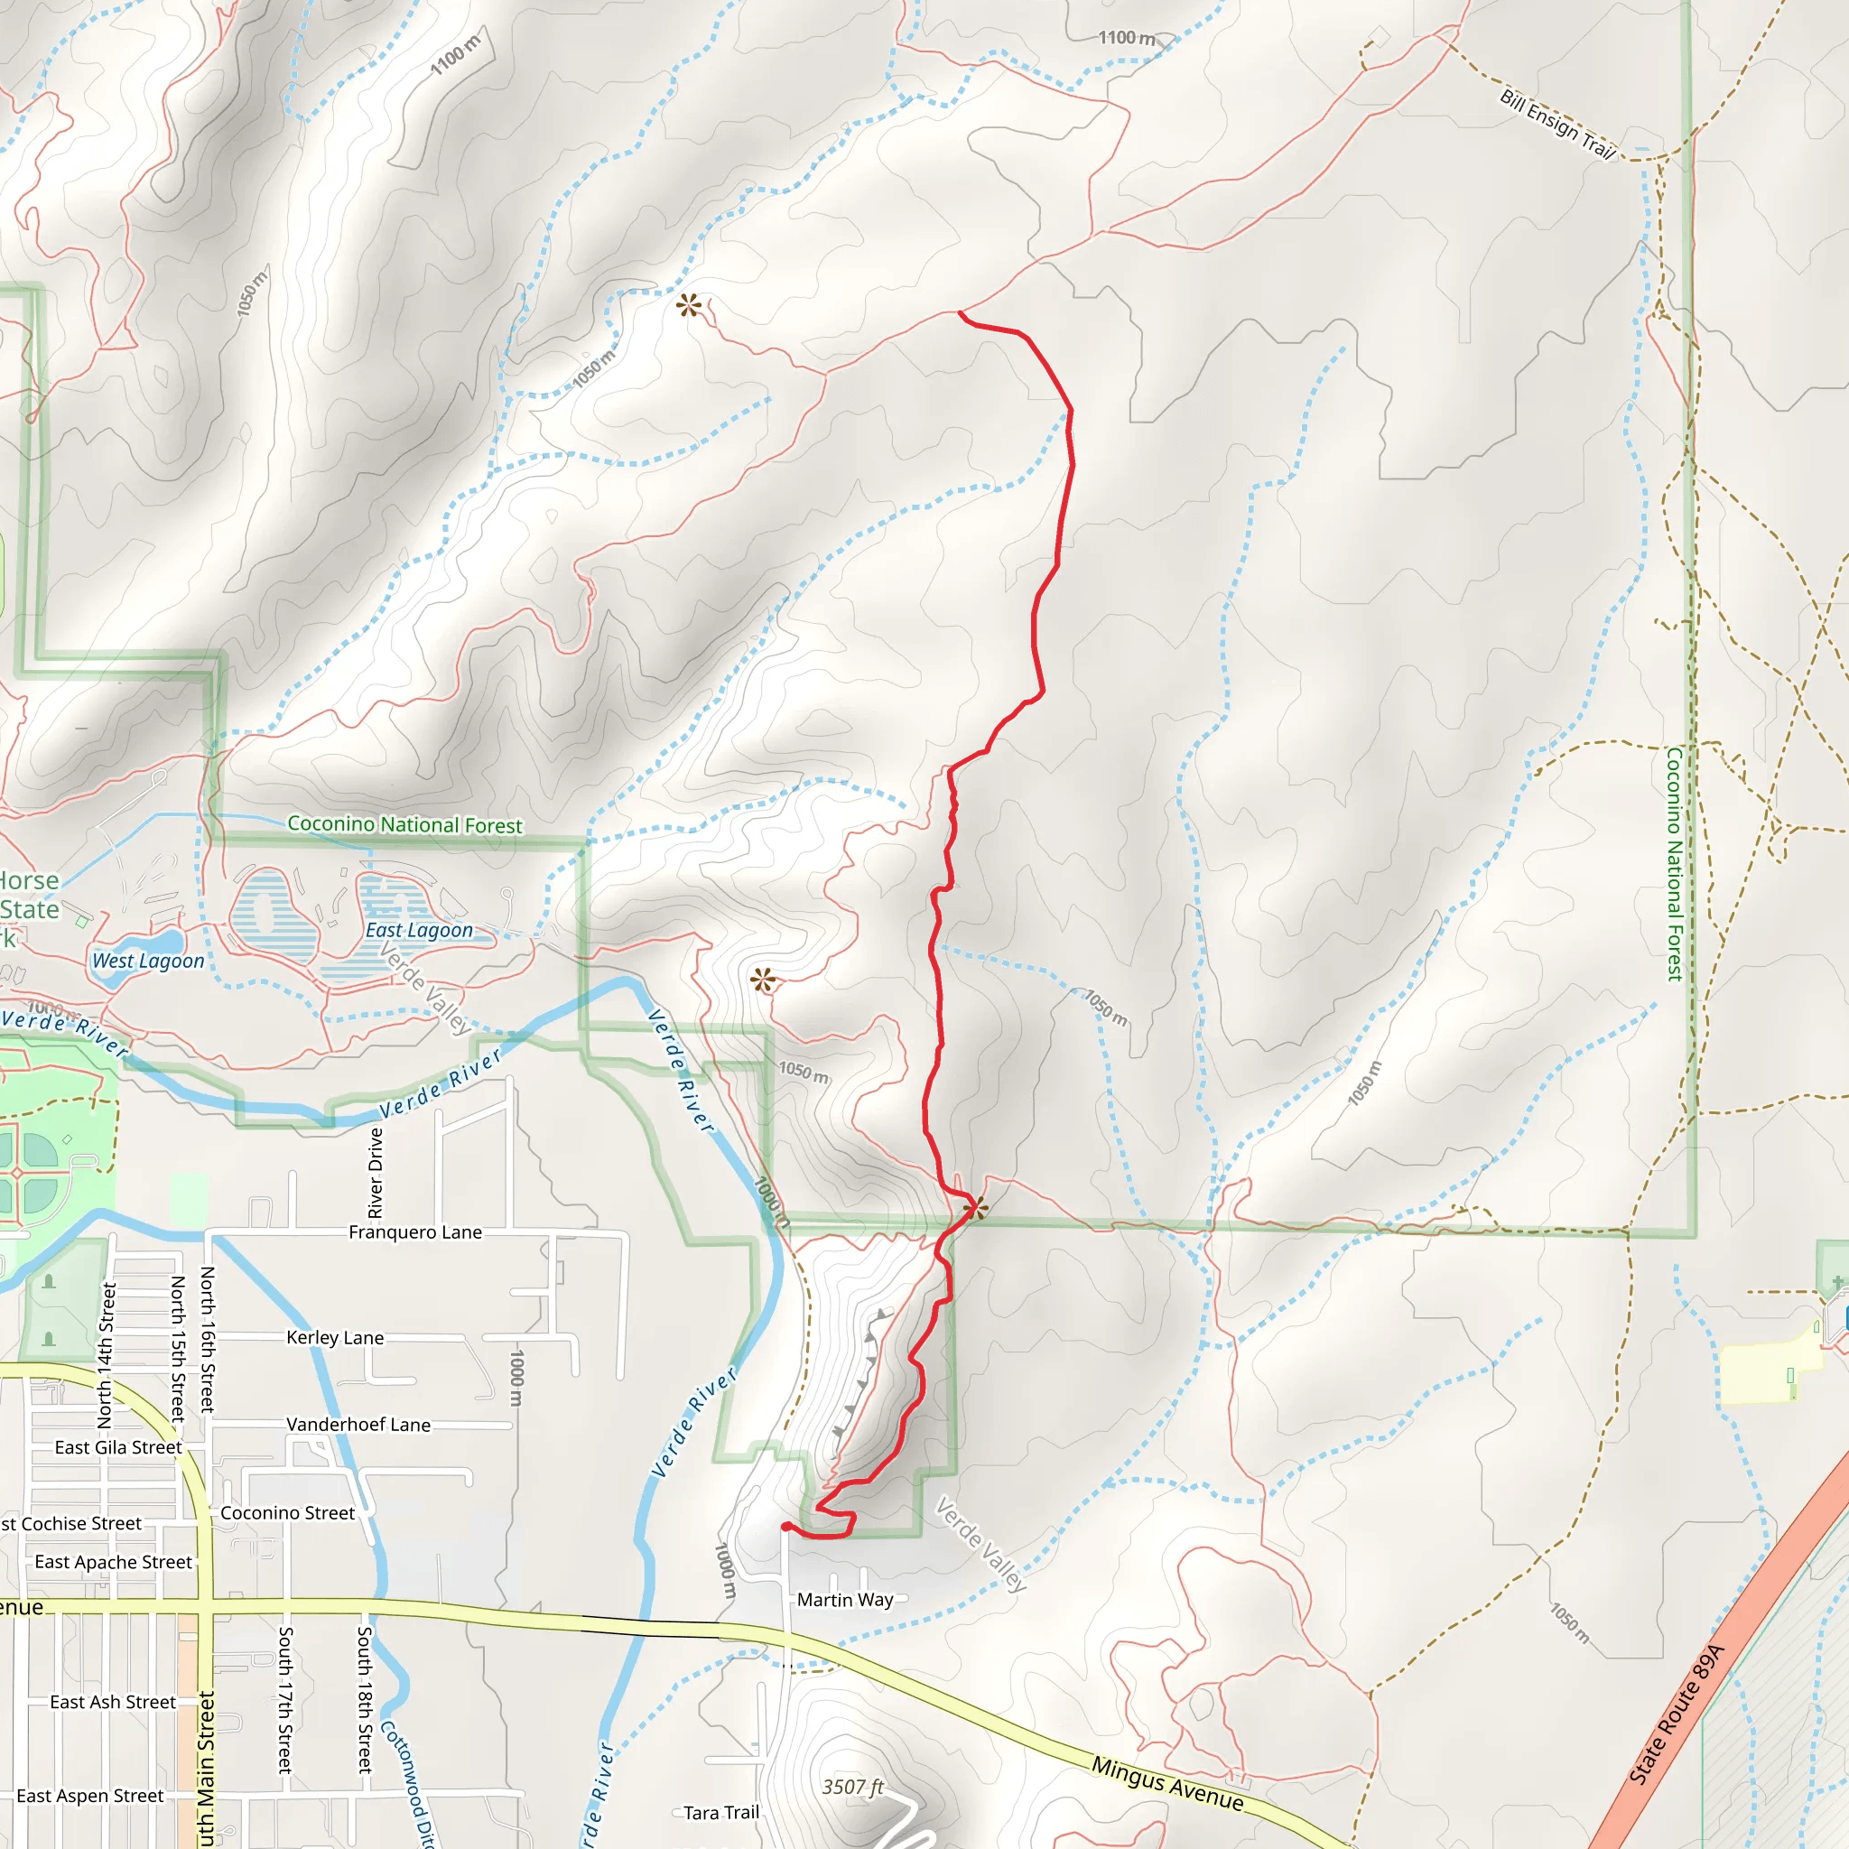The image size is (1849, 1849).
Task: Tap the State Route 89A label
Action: pyautogui.click(x=1676, y=1714)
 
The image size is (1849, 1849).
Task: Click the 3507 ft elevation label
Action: pyautogui.click(x=852, y=1787)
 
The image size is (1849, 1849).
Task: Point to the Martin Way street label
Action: pyautogui.click(x=845, y=1600)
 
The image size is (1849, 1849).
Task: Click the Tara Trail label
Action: pyautogui.click(x=720, y=1813)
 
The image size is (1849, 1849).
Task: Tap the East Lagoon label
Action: pyautogui.click(x=419, y=930)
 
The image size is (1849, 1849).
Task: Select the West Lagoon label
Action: pyautogui.click(x=148, y=961)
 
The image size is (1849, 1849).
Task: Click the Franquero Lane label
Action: pyautogui.click(x=414, y=1232)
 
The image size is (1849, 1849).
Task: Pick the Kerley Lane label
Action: pyautogui.click(x=335, y=1338)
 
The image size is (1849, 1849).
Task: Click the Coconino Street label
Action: pyautogui.click(x=287, y=1513)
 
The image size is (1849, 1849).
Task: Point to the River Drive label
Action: pyautogui.click(x=376, y=1174)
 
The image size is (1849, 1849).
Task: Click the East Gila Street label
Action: pyautogui.click(x=117, y=1448)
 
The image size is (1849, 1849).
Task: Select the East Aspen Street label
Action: pyautogui.click(x=90, y=1797)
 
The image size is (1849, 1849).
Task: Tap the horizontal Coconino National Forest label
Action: pyautogui.click(x=404, y=825)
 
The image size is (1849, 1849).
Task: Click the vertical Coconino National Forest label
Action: pyautogui.click(x=1674, y=864)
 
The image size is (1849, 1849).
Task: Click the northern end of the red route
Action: pyautogui.click(x=960, y=312)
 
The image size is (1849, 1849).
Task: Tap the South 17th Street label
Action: pyautogui.click(x=284, y=1700)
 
